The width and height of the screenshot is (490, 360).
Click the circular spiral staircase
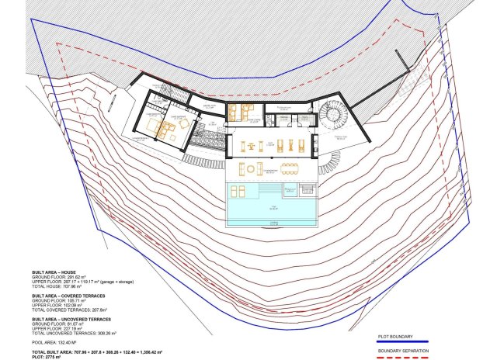point(336,118)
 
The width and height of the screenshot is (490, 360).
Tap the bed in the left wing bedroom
point(164,128)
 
